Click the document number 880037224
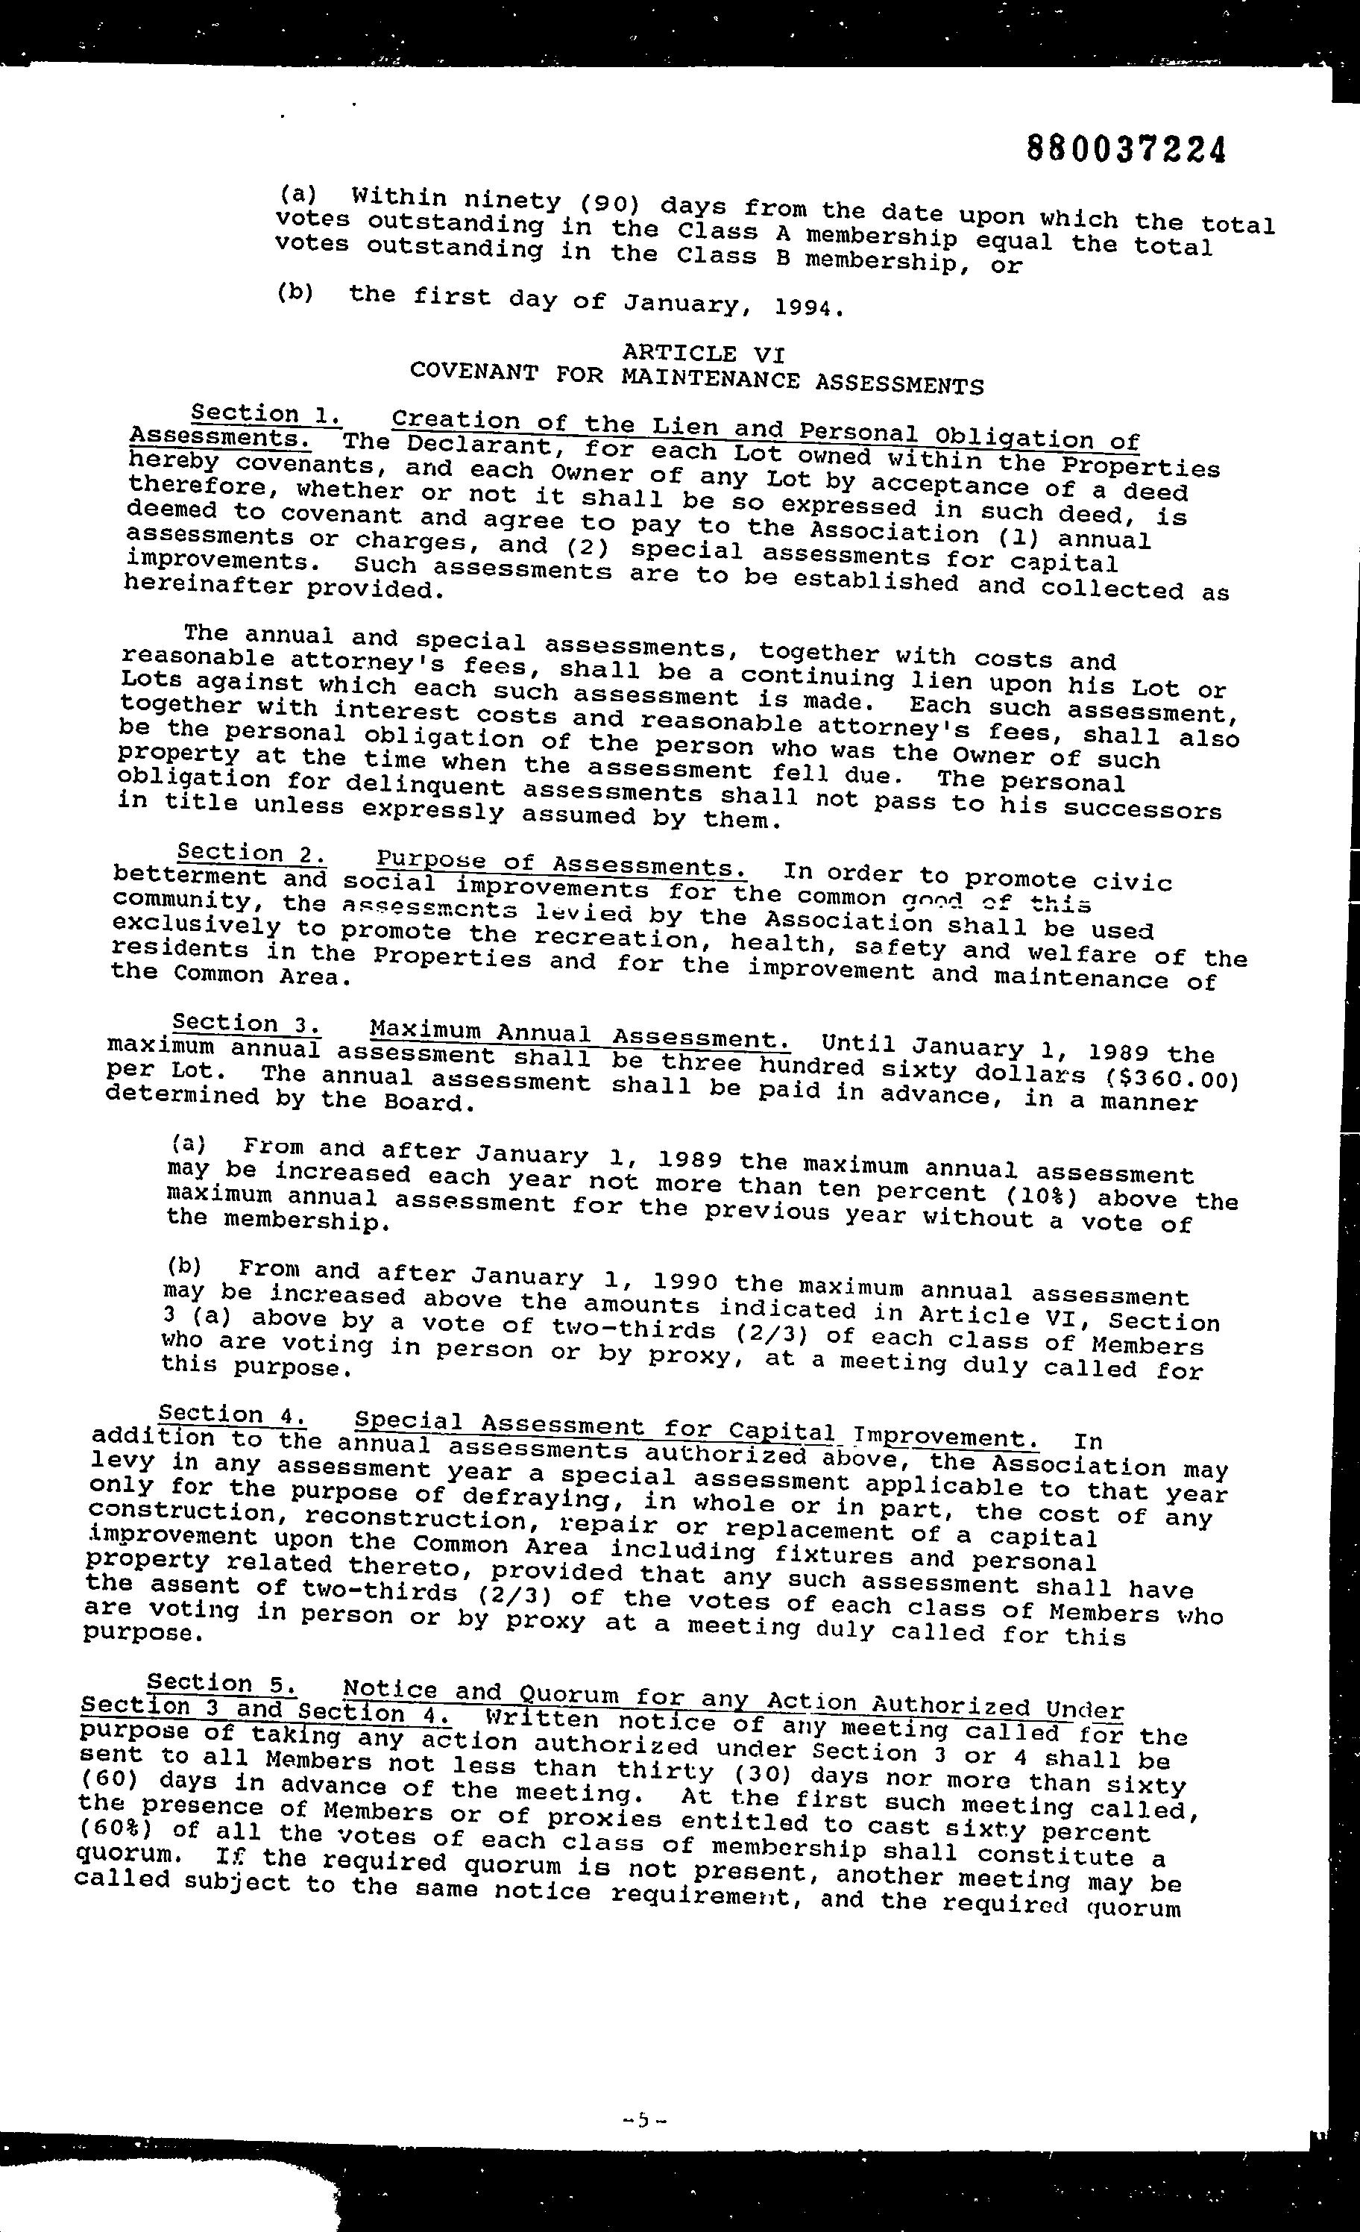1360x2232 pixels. (1127, 148)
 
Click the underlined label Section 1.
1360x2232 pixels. (267, 414)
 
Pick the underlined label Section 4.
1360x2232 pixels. (233, 1414)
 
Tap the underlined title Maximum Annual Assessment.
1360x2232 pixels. (579, 1035)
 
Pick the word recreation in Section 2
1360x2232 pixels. (615, 938)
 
